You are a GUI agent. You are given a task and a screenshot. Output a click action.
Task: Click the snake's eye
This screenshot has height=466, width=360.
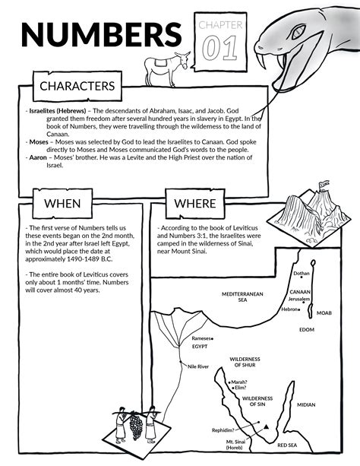pos(298,32)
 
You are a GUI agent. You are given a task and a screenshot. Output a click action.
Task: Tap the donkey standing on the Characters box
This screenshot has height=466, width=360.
pos(167,68)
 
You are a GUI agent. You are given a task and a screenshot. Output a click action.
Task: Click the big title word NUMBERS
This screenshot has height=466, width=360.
pos(102,34)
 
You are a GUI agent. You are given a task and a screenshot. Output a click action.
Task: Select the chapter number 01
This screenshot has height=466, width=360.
pos(220,48)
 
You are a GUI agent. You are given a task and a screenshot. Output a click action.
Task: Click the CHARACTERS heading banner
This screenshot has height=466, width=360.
pos(77,86)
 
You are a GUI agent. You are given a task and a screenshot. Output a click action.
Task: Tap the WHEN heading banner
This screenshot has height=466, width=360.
pos(62,204)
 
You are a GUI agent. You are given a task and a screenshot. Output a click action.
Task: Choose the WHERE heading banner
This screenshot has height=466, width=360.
pos(195,204)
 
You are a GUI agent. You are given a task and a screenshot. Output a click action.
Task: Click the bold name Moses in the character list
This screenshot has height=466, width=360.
pos(39,142)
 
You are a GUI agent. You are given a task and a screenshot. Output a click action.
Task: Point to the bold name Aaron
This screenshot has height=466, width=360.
pos(38,157)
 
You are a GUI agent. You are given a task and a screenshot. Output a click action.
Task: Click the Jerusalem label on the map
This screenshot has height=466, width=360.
pos(299,299)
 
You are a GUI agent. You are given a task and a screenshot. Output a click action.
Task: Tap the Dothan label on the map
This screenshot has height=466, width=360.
pos(302,274)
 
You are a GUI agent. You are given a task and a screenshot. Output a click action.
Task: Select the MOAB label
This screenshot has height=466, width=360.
pos(324,313)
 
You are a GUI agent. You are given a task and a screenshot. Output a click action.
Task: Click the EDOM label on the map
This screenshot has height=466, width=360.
pos(307,330)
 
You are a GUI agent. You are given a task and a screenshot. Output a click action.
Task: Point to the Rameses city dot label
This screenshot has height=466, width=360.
pos(201,338)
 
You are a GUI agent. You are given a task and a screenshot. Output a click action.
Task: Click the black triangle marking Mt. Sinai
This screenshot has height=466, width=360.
pos(266,427)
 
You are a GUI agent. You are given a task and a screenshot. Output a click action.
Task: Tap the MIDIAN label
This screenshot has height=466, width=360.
pos(306,404)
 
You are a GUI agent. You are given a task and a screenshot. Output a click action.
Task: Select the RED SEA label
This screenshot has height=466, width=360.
pos(287,445)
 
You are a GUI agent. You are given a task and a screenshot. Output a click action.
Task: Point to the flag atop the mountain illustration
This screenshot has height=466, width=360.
pos(324,185)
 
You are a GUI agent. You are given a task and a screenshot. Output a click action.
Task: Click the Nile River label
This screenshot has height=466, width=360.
pos(198,366)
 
